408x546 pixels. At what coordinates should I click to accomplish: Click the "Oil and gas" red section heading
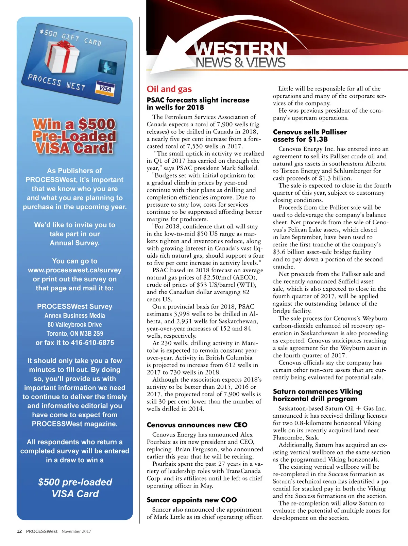pyautogui.click(x=169, y=89)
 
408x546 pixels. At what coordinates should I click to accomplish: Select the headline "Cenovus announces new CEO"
pyautogui.click(x=197, y=425)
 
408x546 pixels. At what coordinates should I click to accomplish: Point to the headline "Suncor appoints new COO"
pyautogui.click(x=192, y=500)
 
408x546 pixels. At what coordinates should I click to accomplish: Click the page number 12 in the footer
pyautogui.click(x=19, y=531)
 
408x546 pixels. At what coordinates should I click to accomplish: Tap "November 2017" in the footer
pyautogui.click(x=76, y=531)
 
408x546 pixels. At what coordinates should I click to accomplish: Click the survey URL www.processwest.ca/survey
pyautogui.click(x=75, y=270)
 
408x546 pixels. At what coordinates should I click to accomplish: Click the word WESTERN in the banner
pyautogui.click(x=241, y=49)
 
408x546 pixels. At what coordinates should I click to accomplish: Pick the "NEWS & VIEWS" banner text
pyautogui.click(x=240, y=63)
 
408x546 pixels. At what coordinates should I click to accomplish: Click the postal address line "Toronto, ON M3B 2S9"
pyautogui.click(x=75, y=334)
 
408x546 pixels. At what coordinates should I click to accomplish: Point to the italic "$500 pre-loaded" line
pyautogui.click(x=75, y=482)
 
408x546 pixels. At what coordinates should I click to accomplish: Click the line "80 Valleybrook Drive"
pyautogui.click(x=75, y=324)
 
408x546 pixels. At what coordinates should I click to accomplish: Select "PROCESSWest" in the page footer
pyautogui.click(x=42, y=531)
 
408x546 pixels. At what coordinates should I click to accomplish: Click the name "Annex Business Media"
pyautogui.click(x=75, y=316)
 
